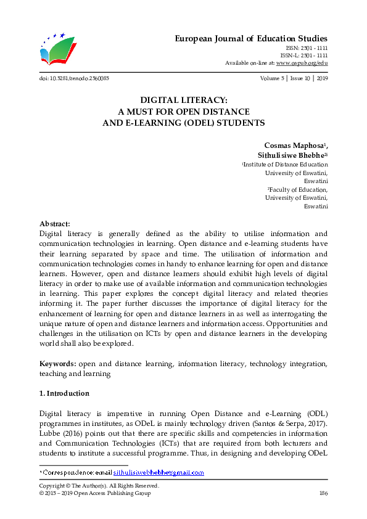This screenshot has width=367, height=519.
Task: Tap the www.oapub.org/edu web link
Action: (x=302, y=63)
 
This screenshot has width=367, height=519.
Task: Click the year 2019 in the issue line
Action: (x=321, y=79)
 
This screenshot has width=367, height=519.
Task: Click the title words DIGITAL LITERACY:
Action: (x=183, y=100)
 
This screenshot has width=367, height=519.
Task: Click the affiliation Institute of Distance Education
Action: (x=286, y=165)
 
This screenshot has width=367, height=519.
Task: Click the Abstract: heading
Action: (x=55, y=224)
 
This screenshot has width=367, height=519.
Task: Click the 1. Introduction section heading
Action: (x=64, y=393)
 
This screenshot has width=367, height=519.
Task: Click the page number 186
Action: (x=323, y=494)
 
